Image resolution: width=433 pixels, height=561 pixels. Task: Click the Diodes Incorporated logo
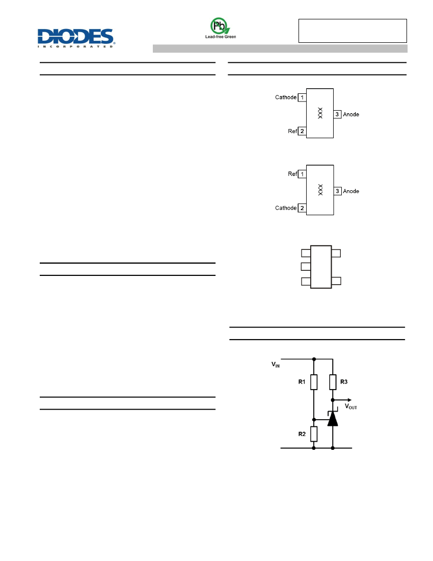tap(76, 38)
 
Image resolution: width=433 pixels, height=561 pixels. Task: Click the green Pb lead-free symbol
tap(220, 26)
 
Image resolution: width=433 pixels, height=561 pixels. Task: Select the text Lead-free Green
tap(221, 37)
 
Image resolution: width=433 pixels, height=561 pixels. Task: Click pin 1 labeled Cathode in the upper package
tap(302, 97)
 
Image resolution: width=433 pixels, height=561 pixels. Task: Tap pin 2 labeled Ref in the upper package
tap(302, 131)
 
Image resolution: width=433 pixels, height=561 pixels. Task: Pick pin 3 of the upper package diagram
tap(337, 114)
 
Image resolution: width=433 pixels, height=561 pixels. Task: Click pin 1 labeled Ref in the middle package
tap(302, 174)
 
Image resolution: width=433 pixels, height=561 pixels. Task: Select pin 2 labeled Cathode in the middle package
tap(302, 208)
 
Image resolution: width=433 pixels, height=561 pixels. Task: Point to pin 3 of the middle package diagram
tap(338, 191)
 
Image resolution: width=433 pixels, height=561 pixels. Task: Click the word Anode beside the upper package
tap(351, 114)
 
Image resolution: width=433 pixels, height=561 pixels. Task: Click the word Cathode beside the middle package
tap(286, 208)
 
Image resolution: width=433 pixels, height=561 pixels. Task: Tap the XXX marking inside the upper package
tap(320, 113)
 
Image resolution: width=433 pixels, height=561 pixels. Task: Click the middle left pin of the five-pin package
tap(306, 267)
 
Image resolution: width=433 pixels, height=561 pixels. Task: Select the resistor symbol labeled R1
tap(314, 382)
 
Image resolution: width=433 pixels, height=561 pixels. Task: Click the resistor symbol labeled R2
tap(314, 434)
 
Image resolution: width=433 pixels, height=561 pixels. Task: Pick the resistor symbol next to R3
tap(333, 382)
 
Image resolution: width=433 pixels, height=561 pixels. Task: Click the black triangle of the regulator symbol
tap(333, 419)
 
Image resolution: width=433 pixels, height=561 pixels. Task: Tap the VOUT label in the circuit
tap(350, 406)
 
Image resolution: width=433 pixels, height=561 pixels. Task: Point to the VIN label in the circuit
tap(276, 365)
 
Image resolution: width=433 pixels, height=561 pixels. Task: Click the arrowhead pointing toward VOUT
tap(349, 400)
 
